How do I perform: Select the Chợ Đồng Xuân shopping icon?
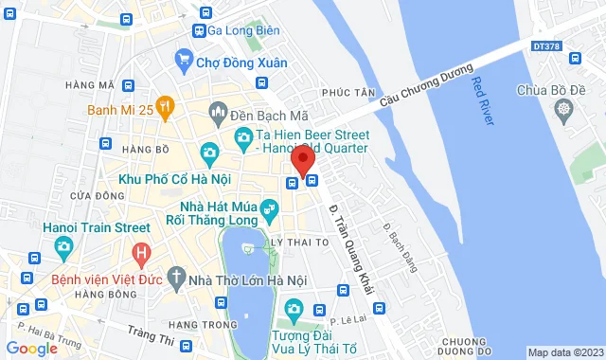185,63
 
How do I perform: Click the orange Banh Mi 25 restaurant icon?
165,106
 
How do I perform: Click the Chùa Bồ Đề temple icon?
563,111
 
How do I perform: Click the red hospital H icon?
141,254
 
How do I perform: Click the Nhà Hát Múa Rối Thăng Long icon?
270,207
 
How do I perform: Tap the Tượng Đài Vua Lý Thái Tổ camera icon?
294,309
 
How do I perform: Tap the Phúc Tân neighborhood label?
342,93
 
